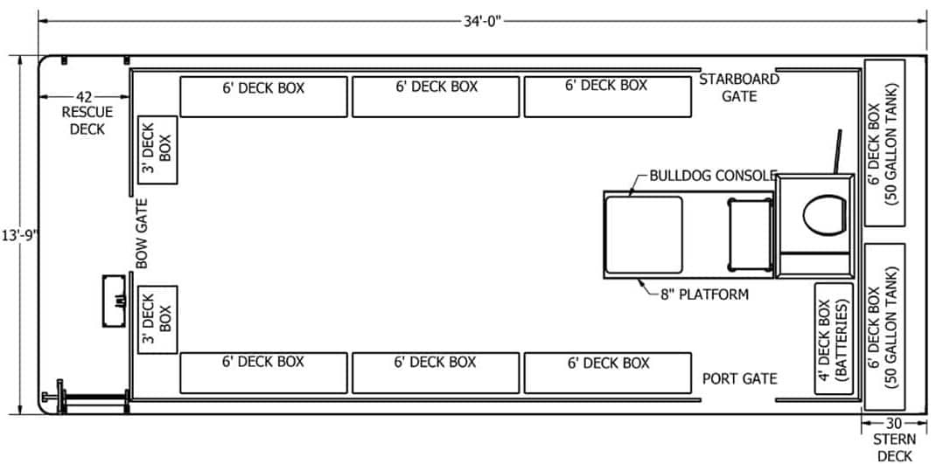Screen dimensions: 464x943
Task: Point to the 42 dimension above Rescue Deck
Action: (x=84, y=96)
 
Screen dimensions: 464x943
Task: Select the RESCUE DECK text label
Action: (x=84, y=121)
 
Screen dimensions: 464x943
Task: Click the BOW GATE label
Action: (x=142, y=233)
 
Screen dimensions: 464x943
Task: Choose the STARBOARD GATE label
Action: (x=738, y=87)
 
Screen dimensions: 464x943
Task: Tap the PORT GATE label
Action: (x=740, y=379)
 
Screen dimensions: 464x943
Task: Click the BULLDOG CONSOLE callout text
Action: (x=713, y=176)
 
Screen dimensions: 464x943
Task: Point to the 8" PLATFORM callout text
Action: (x=705, y=294)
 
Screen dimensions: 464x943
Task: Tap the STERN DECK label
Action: (x=894, y=447)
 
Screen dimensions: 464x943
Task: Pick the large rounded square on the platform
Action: (x=645, y=233)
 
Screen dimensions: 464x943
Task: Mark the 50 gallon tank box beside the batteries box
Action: (x=884, y=326)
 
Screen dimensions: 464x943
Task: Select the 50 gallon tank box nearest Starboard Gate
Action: (x=884, y=142)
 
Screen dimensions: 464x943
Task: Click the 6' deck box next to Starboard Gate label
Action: (x=606, y=96)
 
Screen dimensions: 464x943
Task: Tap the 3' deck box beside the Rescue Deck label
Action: (x=158, y=149)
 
